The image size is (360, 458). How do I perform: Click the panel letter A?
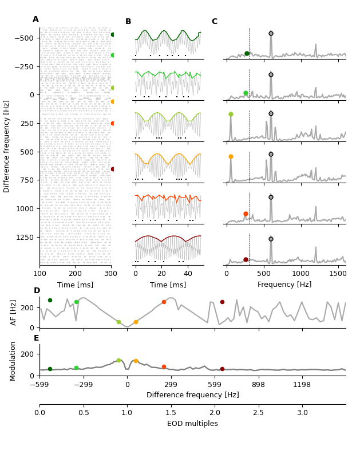tap(35, 19)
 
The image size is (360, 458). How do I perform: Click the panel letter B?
tap(128, 22)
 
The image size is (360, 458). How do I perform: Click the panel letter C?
tap(215, 22)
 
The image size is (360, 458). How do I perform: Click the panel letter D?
tap(37, 291)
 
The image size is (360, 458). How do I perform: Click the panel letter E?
tap(37, 338)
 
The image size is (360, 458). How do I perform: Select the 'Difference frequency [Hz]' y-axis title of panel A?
tap(7, 146)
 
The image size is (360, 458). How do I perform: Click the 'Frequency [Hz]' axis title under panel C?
tap(284, 285)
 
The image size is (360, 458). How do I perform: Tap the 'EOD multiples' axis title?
tap(192, 424)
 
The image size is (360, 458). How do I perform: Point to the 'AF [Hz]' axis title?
tap(14, 312)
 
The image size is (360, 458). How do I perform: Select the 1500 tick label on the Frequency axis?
tap(338, 273)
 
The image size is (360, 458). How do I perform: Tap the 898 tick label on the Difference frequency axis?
tap(258, 385)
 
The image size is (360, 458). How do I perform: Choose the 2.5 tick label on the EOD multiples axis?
tap(258, 413)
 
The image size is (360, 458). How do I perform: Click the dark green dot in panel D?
tap(50, 300)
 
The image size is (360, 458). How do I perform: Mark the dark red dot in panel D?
tap(222, 302)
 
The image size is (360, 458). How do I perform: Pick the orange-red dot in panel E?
tap(164, 367)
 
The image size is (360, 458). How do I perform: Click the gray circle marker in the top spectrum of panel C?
tap(271, 33)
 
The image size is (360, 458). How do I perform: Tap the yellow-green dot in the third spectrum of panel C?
tap(231, 114)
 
